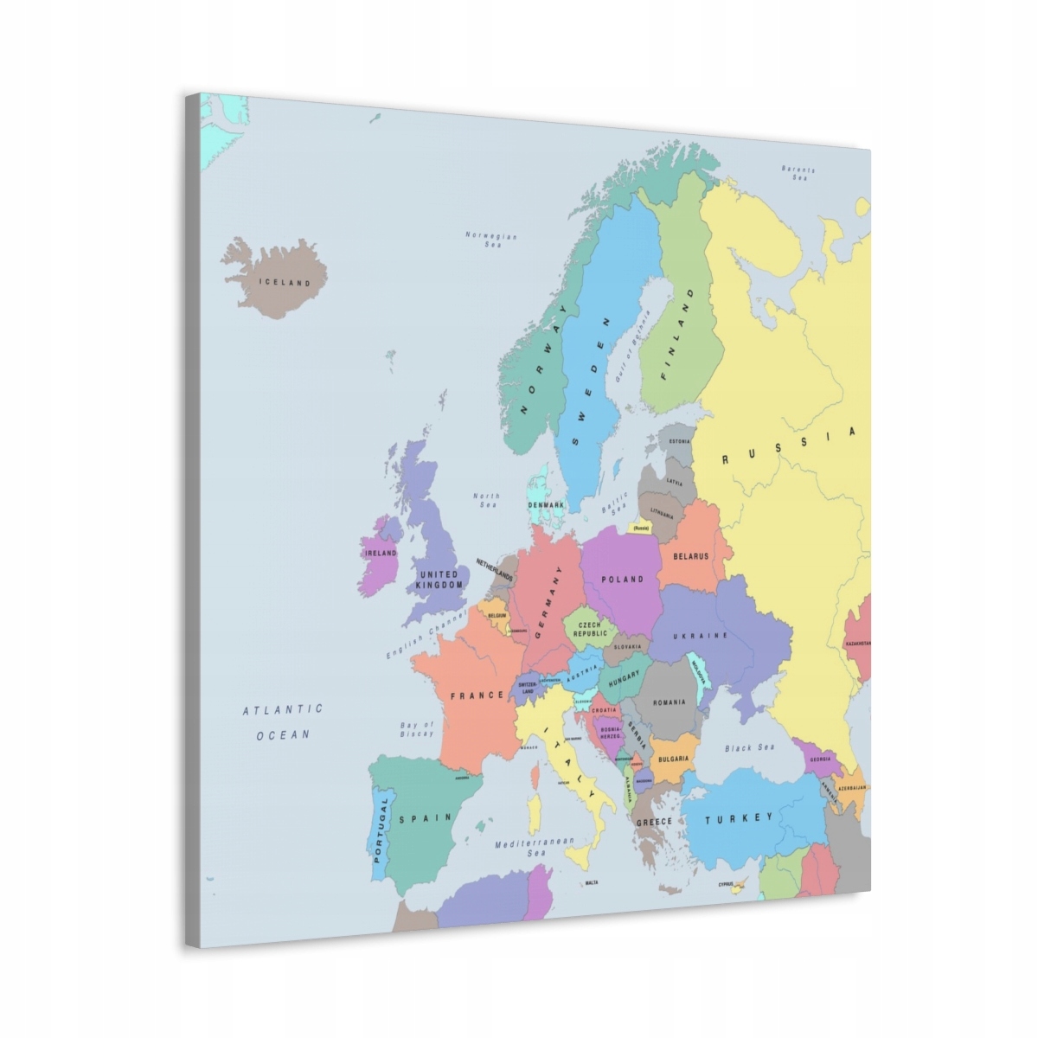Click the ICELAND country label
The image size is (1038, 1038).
(x=285, y=283)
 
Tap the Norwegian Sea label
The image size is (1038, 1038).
(x=491, y=240)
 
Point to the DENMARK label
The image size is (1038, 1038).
(x=546, y=504)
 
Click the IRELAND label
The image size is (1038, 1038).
(x=380, y=553)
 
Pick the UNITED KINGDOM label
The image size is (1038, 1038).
(x=439, y=580)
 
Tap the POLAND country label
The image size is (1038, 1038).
(x=623, y=579)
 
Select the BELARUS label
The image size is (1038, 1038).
(x=690, y=557)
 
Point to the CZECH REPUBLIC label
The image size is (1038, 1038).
(x=589, y=629)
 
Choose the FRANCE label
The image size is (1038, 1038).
(x=476, y=695)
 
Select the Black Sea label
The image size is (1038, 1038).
(x=750, y=748)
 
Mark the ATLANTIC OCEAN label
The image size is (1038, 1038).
(x=282, y=721)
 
